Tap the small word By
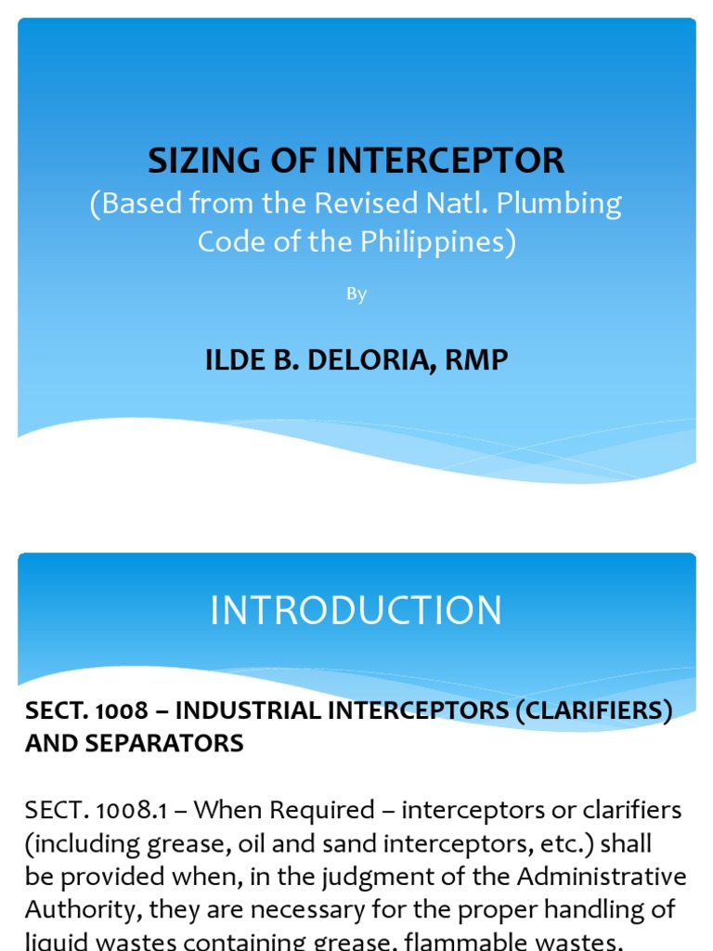click(356, 294)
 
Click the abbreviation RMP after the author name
click(476, 359)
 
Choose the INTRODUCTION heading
click(356, 610)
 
